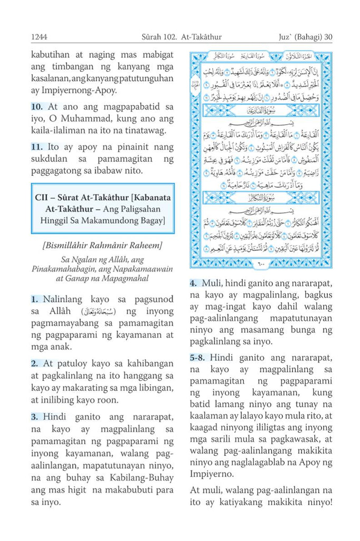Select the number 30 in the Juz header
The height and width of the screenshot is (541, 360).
[327, 37]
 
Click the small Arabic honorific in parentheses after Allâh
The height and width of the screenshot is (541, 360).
[96, 311]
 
